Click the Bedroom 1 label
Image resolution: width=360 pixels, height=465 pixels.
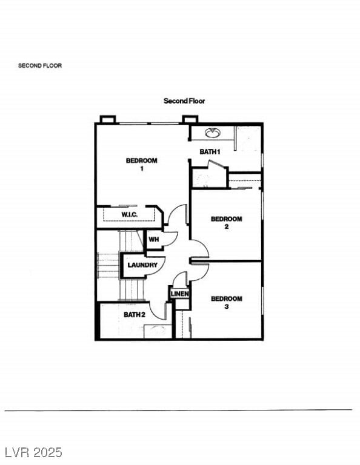coord(141,164)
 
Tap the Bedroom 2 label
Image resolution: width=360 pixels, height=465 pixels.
coord(226,223)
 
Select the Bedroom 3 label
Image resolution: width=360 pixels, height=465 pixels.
coord(226,302)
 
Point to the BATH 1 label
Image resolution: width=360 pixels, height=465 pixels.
coord(210,151)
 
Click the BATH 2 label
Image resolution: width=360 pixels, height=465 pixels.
coord(135,314)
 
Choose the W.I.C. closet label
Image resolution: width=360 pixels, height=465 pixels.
coord(129,215)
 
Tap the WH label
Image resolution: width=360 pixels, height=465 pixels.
coord(153,240)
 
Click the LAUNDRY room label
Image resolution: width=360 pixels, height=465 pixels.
coord(142,265)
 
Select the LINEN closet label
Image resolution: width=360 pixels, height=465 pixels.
coord(179,294)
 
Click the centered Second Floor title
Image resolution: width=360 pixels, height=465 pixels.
coord(184,101)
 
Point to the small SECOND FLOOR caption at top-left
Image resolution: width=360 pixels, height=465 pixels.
coord(40,65)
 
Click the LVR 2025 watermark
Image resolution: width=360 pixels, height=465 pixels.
coord(33,452)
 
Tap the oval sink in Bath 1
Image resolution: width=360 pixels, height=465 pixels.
coord(212,133)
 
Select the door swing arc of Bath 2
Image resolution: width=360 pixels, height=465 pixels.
coord(159,309)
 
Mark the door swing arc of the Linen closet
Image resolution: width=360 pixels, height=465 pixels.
coord(179,279)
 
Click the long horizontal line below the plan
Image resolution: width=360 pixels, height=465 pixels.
coord(178,410)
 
